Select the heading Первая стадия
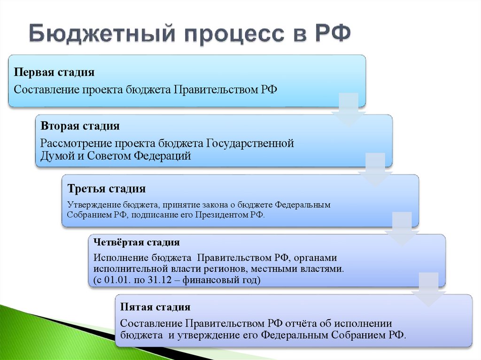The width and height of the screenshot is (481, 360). tap(54, 72)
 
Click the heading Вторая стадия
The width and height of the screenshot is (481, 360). tap(80, 126)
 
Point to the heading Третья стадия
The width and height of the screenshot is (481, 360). tap(106, 189)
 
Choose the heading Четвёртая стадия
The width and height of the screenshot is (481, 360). tap(136, 243)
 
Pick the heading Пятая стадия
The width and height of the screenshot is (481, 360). tap(155, 307)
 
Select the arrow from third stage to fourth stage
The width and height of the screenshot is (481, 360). tap(402, 230)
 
